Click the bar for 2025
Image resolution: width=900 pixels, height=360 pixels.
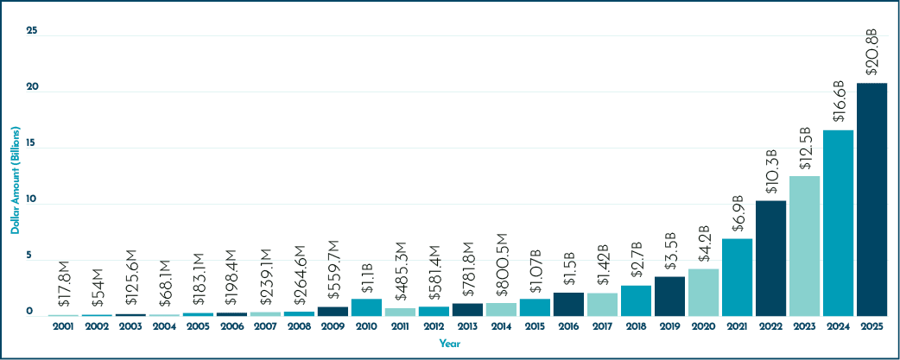click(871, 199)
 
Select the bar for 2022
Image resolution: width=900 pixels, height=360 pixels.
click(770, 258)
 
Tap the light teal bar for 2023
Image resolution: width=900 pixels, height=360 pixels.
click(805, 246)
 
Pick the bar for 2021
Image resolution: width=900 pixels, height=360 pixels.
click(737, 277)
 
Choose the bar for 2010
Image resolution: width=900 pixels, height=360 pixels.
click(367, 307)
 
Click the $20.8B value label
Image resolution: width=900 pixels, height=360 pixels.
click(871, 57)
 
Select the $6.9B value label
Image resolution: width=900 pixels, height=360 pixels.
click(738, 217)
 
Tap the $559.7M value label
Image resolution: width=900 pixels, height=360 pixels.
click(333, 274)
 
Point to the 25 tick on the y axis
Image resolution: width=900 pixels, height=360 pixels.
click(32, 32)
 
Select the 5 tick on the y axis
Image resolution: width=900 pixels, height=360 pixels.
click(29, 256)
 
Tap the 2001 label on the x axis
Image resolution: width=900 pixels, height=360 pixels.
click(63, 326)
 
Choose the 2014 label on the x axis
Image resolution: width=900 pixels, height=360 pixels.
click(501, 326)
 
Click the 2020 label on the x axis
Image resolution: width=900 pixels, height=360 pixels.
click(704, 326)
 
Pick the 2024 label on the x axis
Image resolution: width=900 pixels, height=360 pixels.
click(839, 326)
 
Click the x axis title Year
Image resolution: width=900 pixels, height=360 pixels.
click(450, 344)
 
